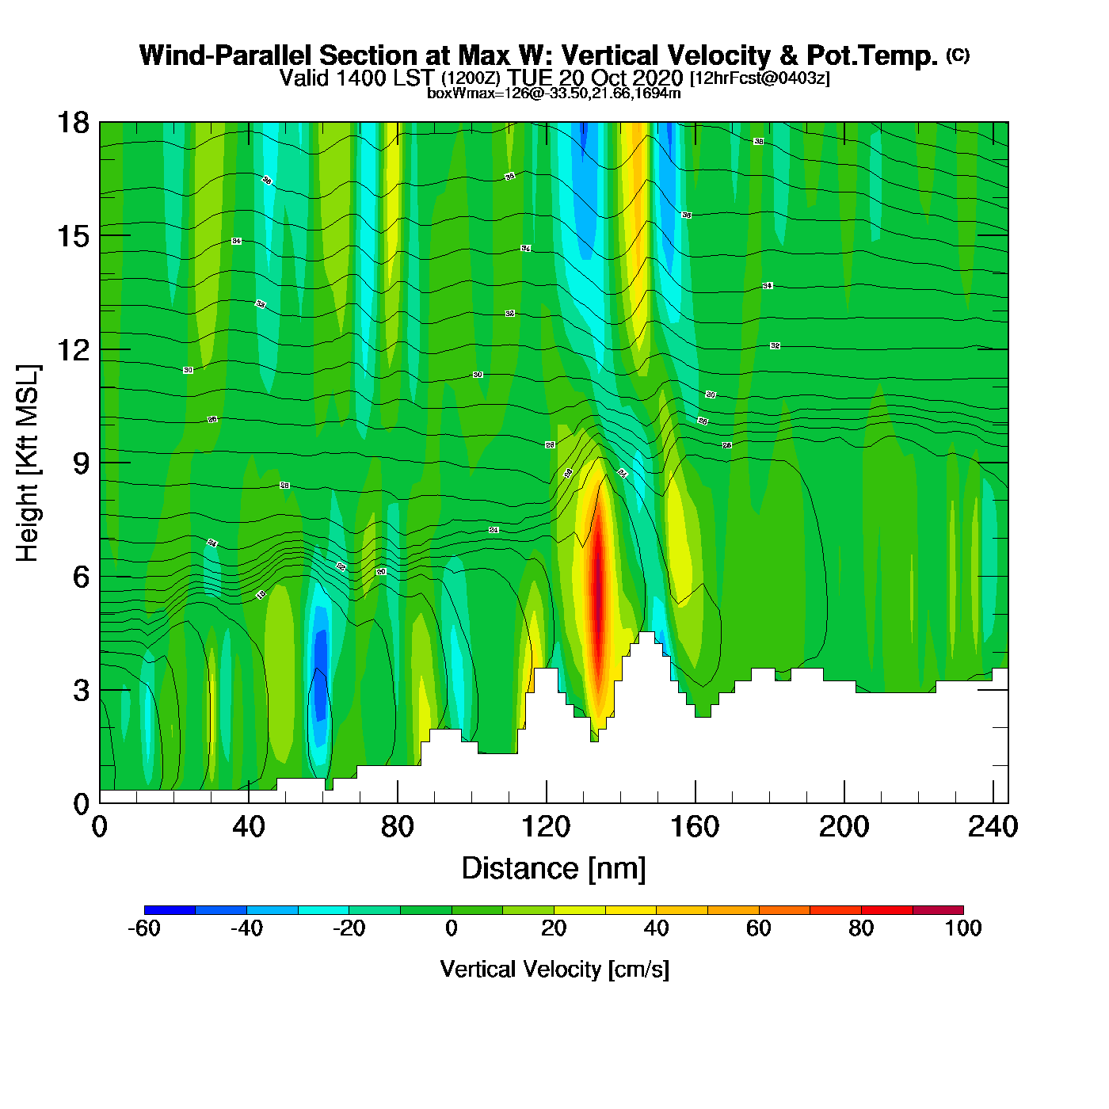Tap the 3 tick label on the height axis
point(81,690)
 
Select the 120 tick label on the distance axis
point(546,827)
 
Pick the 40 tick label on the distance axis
point(248,827)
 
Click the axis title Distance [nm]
point(554,869)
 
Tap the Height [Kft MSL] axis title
point(28,463)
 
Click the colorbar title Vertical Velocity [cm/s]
point(554,970)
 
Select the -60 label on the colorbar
point(144,928)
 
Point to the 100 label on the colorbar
point(963,928)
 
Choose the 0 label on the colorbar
point(452,928)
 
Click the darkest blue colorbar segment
point(170,910)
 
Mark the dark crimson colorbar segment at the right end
point(938,910)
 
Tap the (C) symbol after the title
point(958,55)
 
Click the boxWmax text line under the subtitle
point(554,93)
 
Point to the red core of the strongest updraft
point(599,586)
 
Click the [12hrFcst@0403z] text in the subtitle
point(760,78)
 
